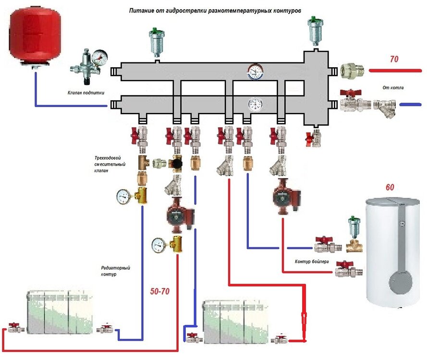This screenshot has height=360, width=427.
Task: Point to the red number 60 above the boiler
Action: [x=390, y=187]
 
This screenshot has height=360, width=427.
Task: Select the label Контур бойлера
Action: [x=312, y=262]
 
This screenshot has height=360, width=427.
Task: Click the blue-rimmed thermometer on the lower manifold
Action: [x=254, y=104]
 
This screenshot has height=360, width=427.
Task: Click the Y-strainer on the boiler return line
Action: [x=384, y=105]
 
